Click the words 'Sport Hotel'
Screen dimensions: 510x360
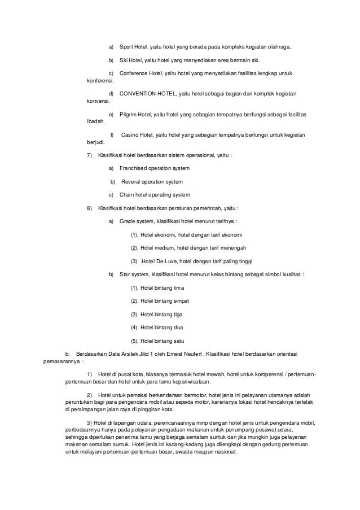click(x=133, y=47)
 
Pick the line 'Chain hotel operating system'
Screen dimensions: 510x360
click(x=155, y=195)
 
